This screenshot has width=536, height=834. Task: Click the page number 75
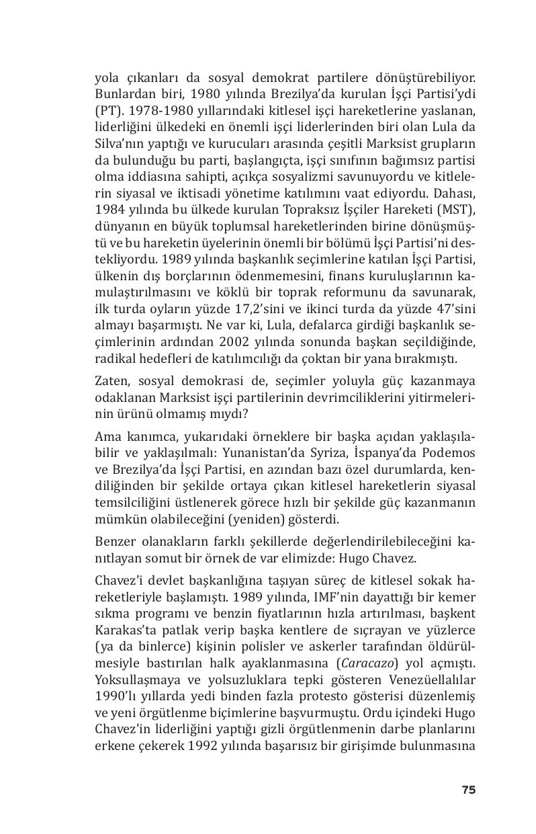pos(468,790)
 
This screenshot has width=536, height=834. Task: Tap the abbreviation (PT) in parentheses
pos(107,110)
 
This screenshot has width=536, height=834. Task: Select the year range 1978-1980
pos(159,110)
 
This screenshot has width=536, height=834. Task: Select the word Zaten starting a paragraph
pos(112,383)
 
